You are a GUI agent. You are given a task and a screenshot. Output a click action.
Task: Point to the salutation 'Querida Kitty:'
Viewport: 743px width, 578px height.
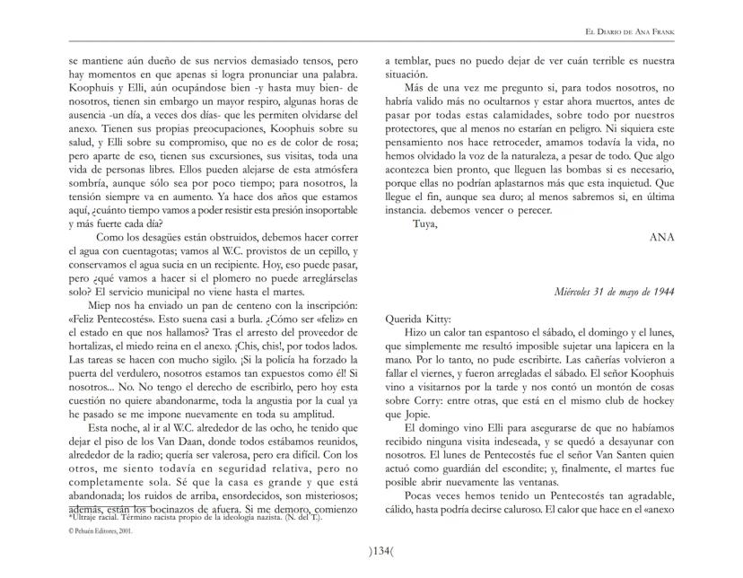pos(420,319)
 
